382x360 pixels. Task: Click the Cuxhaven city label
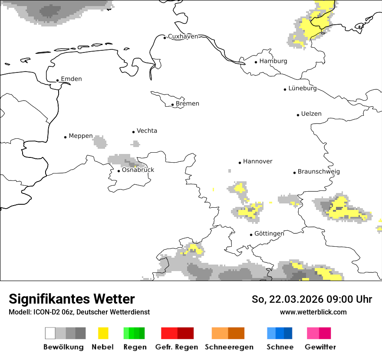(x=183, y=36)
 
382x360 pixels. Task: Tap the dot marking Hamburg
(x=256, y=62)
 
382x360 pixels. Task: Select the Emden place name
(x=71, y=79)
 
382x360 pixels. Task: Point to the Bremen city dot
(x=173, y=105)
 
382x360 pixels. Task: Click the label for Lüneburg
(x=303, y=88)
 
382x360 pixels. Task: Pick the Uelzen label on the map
(x=311, y=114)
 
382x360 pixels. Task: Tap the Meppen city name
(x=81, y=136)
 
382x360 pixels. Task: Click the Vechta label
(x=147, y=131)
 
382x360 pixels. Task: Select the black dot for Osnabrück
(x=119, y=171)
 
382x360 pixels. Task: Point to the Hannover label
(x=257, y=161)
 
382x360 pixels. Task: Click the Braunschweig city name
(x=319, y=171)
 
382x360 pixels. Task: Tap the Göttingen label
(x=269, y=234)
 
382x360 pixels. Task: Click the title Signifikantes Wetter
(x=72, y=299)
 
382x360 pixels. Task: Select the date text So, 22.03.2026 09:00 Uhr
(x=312, y=299)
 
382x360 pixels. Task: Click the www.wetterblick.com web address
(x=313, y=312)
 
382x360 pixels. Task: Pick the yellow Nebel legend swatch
(x=103, y=333)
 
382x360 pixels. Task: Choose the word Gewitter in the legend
(x=320, y=347)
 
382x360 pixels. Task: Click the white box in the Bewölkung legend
(x=50, y=333)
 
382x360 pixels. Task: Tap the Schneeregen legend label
(x=229, y=347)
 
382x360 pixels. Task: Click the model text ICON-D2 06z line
(x=79, y=312)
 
